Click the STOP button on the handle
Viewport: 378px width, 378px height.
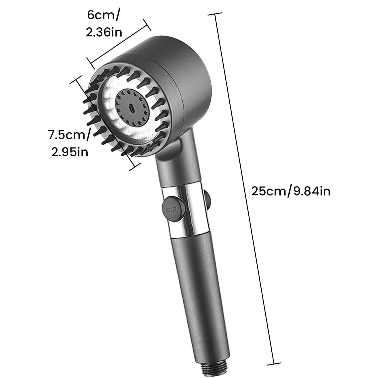point(172,210)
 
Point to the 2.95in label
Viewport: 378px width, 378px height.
point(70,152)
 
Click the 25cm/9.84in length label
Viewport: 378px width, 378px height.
point(291,191)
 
